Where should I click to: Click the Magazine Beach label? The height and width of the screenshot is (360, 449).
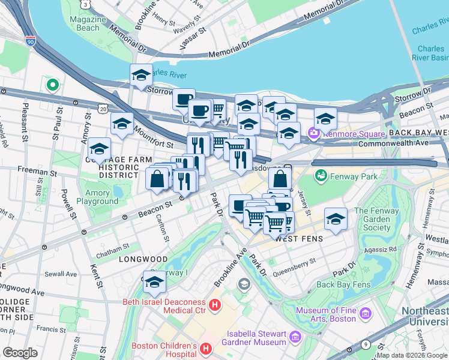(83, 23)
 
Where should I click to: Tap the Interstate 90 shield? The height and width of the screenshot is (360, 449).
(31, 42)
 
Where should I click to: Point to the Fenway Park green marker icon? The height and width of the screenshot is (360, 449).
(321, 176)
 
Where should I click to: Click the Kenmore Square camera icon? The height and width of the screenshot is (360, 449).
(313, 132)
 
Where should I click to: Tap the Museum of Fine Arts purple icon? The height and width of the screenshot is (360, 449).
(364, 313)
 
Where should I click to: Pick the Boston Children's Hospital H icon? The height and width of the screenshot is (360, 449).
(206, 348)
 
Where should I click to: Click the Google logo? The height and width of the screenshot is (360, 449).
(20, 352)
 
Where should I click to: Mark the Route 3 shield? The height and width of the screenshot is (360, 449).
(86, 4)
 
